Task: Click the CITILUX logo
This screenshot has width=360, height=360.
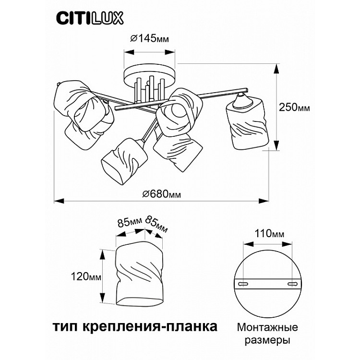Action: [x=90, y=18]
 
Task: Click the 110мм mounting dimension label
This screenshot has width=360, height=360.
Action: [x=268, y=234]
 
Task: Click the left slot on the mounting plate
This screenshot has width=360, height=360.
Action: [x=243, y=285]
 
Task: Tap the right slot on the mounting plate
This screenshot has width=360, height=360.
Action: [x=291, y=285]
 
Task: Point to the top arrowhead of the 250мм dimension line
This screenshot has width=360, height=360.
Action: [x=276, y=69]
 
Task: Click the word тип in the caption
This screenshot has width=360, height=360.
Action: [x=63, y=327]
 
